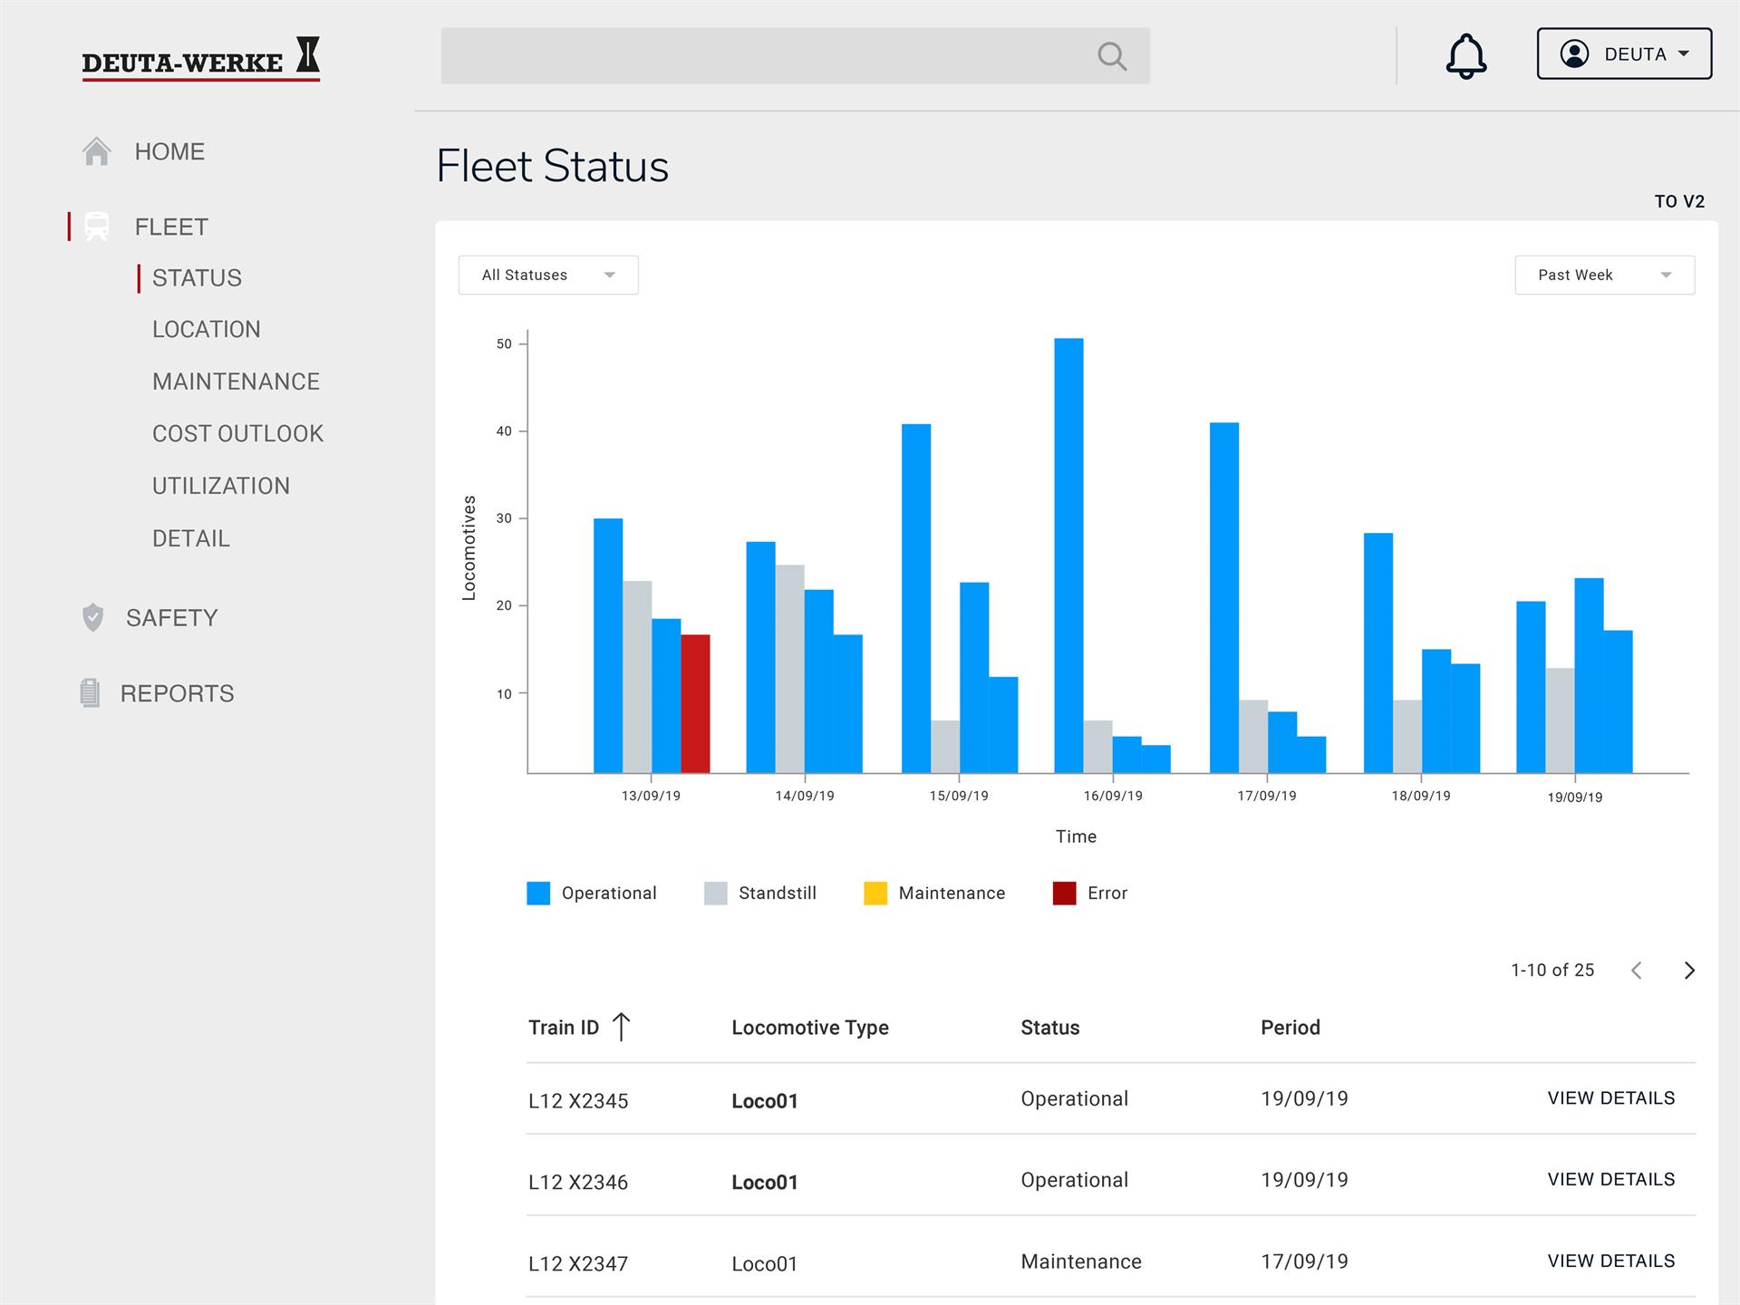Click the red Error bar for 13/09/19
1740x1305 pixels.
(695, 704)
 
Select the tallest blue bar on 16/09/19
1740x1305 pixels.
(1068, 556)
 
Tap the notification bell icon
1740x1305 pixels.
(1465, 56)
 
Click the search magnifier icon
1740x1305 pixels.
(1112, 56)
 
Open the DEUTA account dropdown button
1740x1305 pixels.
(1624, 53)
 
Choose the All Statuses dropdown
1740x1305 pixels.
(548, 275)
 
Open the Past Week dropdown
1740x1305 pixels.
(1604, 275)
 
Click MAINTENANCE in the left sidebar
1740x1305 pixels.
(236, 382)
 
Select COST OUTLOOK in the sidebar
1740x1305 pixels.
(237, 434)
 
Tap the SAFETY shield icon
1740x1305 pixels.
(92, 617)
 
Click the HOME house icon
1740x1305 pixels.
(97, 151)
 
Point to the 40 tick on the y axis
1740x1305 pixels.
(504, 431)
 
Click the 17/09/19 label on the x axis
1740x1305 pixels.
(1267, 796)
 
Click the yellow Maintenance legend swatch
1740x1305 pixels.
(875, 893)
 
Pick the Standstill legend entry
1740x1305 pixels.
(760, 893)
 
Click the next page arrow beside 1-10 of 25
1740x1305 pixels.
(1689, 971)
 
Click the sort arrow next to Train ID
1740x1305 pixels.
(621, 1027)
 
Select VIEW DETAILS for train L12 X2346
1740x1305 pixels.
(1611, 1179)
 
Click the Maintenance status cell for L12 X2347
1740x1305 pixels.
(1081, 1261)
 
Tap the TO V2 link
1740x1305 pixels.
(1679, 201)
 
